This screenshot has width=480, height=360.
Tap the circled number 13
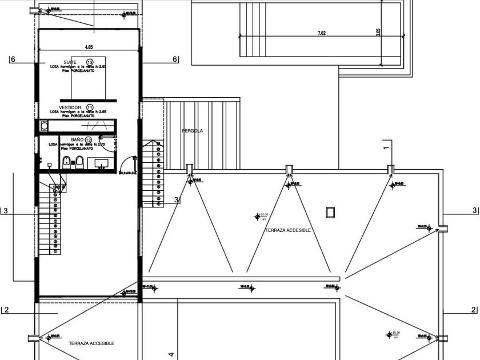[x=90, y=62]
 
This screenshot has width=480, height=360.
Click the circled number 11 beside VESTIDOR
[x=90, y=107]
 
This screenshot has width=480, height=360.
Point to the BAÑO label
[x=77, y=139]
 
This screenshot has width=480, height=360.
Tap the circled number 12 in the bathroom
[x=89, y=139]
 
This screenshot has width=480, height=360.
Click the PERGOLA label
[x=193, y=131]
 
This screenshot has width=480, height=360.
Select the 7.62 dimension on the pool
[x=322, y=33]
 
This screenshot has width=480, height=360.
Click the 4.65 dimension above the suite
[x=89, y=47]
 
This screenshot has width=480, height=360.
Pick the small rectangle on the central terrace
[x=330, y=213]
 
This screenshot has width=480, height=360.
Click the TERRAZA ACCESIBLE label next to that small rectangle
[x=288, y=230]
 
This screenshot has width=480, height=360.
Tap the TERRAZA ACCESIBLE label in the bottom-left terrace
[x=91, y=343]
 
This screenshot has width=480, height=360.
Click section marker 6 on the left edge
[x=12, y=59]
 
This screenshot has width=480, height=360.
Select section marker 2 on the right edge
[x=473, y=310]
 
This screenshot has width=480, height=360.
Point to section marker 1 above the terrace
[x=386, y=147]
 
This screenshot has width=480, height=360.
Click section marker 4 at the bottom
[x=171, y=354]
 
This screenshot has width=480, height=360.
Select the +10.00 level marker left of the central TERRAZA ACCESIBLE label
[x=257, y=216]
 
